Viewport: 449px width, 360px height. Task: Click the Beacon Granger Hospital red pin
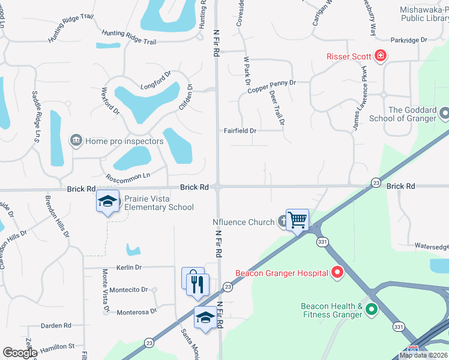click(x=337, y=273)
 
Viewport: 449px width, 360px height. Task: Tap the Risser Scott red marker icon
click(x=380, y=57)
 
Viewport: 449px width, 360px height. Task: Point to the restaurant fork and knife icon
click(x=197, y=284)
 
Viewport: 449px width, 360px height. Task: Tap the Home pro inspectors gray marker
click(x=76, y=141)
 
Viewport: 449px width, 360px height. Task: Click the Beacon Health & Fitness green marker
click(x=372, y=310)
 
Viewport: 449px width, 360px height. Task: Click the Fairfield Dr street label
click(x=240, y=130)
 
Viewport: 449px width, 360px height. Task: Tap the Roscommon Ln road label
click(x=127, y=176)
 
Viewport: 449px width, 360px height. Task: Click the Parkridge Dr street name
click(x=408, y=40)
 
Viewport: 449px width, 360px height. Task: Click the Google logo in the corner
click(x=20, y=353)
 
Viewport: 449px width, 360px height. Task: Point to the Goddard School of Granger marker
click(x=444, y=113)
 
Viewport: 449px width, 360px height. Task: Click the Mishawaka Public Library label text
click(x=424, y=14)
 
